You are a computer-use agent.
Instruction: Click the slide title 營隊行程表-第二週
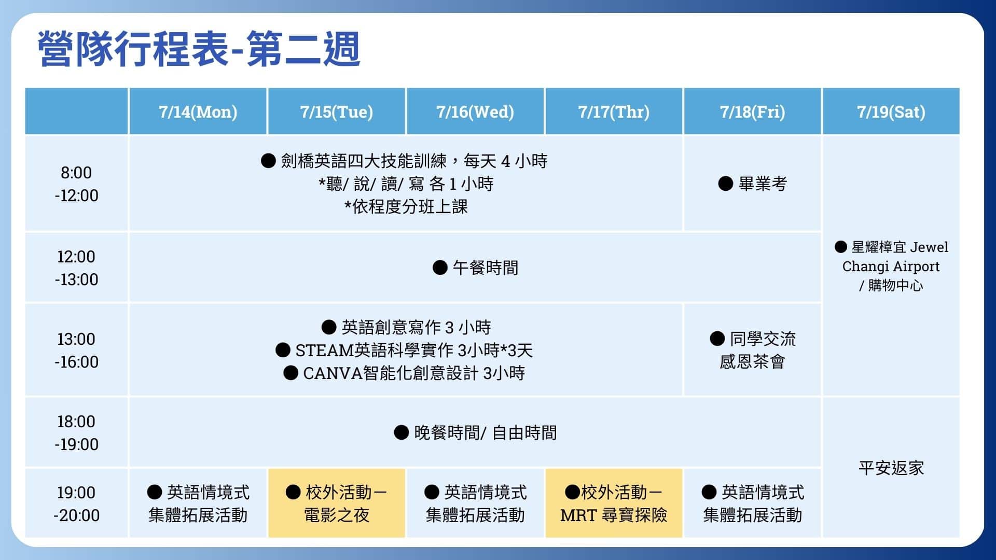click(x=199, y=49)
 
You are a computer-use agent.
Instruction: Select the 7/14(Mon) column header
click(x=198, y=111)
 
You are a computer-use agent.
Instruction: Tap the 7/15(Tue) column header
click(x=337, y=111)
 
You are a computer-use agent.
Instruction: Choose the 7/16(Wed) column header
click(x=475, y=111)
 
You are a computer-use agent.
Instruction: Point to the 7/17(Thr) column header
click(x=614, y=111)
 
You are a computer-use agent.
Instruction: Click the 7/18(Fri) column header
click(x=752, y=111)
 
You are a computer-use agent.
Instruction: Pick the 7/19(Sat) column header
click(x=891, y=111)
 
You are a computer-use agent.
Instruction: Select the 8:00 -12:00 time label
click(x=76, y=184)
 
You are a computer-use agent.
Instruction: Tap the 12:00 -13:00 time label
click(x=76, y=268)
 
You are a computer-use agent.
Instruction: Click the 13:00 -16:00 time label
click(x=76, y=350)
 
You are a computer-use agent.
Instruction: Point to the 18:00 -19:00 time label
click(x=76, y=432)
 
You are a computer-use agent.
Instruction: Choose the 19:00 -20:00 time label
click(x=76, y=503)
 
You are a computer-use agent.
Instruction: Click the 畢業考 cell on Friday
click(x=752, y=184)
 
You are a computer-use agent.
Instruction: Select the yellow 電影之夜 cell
click(x=337, y=503)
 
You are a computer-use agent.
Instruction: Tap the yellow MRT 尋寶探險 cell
click(x=614, y=503)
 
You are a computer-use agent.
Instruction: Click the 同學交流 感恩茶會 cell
click(x=752, y=350)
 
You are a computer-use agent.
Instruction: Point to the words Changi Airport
click(x=891, y=267)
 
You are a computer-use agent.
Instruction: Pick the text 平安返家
click(x=891, y=468)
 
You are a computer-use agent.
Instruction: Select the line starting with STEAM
click(x=404, y=350)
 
